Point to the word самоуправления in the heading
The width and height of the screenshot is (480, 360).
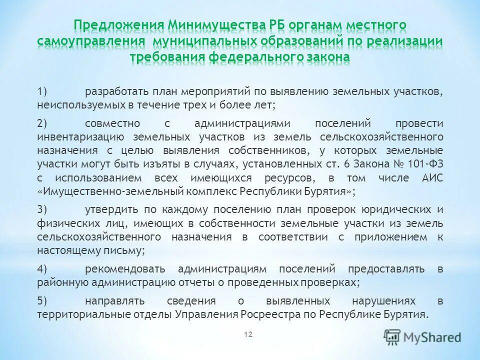[x=91, y=41]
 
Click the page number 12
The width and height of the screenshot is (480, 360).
[x=248, y=334]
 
